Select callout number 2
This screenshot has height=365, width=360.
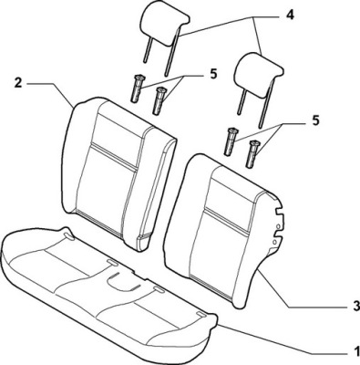click(x=18, y=83)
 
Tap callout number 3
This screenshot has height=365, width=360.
click(x=356, y=306)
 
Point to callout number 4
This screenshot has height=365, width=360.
click(x=291, y=15)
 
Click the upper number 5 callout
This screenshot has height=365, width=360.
click(x=213, y=74)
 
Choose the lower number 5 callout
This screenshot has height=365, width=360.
click(x=315, y=120)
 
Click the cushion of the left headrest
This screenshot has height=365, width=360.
click(x=164, y=26)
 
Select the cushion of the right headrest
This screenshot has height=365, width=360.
click(x=261, y=75)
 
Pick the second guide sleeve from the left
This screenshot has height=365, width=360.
click(x=159, y=100)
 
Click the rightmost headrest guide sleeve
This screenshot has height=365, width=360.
click(x=253, y=154)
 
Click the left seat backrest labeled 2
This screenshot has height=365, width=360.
click(x=118, y=174)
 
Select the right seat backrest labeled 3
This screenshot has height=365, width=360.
click(x=224, y=231)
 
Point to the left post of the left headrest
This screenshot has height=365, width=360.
click(x=147, y=51)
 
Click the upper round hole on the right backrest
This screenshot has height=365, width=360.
click(x=278, y=226)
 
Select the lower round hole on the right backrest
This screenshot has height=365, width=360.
click(x=274, y=242)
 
